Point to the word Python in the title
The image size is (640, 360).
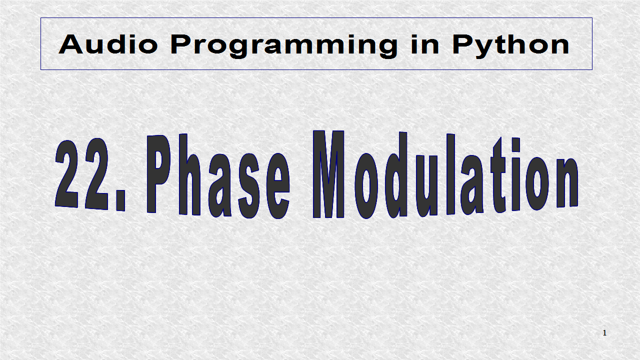[x=510, y=45]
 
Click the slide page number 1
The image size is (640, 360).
[x=604, y=333]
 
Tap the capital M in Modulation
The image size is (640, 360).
[x=329, y=175]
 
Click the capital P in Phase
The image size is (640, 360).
[x=160, y=175]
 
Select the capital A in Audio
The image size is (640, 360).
[x=71, y=44]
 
